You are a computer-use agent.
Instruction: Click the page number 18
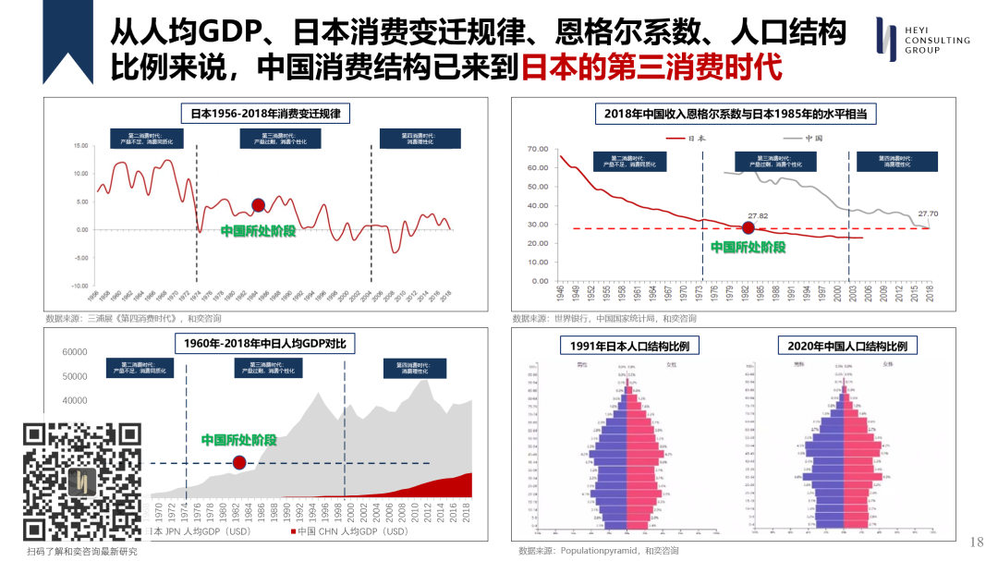point(977,542)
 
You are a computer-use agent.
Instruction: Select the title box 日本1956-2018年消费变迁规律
point(265,114)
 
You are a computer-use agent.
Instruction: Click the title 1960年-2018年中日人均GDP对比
point(265,344)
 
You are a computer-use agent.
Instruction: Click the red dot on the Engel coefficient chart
point(748,228)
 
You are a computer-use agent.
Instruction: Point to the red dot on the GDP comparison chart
point(239,463)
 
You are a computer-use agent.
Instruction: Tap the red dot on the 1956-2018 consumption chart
point(259,204)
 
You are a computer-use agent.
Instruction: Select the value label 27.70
point(928,213)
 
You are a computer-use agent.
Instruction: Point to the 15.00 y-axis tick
point(79,146)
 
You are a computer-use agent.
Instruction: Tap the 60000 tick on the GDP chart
point(74,352)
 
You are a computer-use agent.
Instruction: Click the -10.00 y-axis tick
point(78,286)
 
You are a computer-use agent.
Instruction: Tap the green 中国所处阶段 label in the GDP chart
point(238,440)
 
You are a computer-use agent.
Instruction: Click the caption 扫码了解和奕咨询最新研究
point(81,552)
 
